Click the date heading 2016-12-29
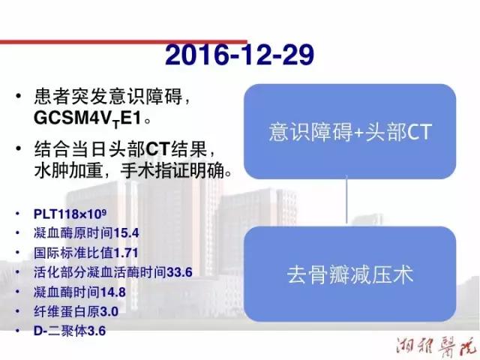[239, 55]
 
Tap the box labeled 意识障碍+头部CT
[350, 131]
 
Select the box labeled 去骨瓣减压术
[350, 274]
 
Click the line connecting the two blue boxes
[346, 201]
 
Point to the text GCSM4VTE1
[88, 118]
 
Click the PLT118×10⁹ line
[70, 214]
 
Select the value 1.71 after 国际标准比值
[126, 253]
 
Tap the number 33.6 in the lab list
[179, 272]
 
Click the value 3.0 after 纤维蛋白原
[109, 312]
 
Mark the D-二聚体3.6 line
[70, 331]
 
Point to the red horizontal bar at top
[124, 42]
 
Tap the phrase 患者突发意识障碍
[108, 96]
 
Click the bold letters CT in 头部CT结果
[158, 149]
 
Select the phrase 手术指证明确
[172, 170]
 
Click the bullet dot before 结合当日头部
[19, 148]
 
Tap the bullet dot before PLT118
[18, 214]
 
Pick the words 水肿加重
[68, 170]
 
